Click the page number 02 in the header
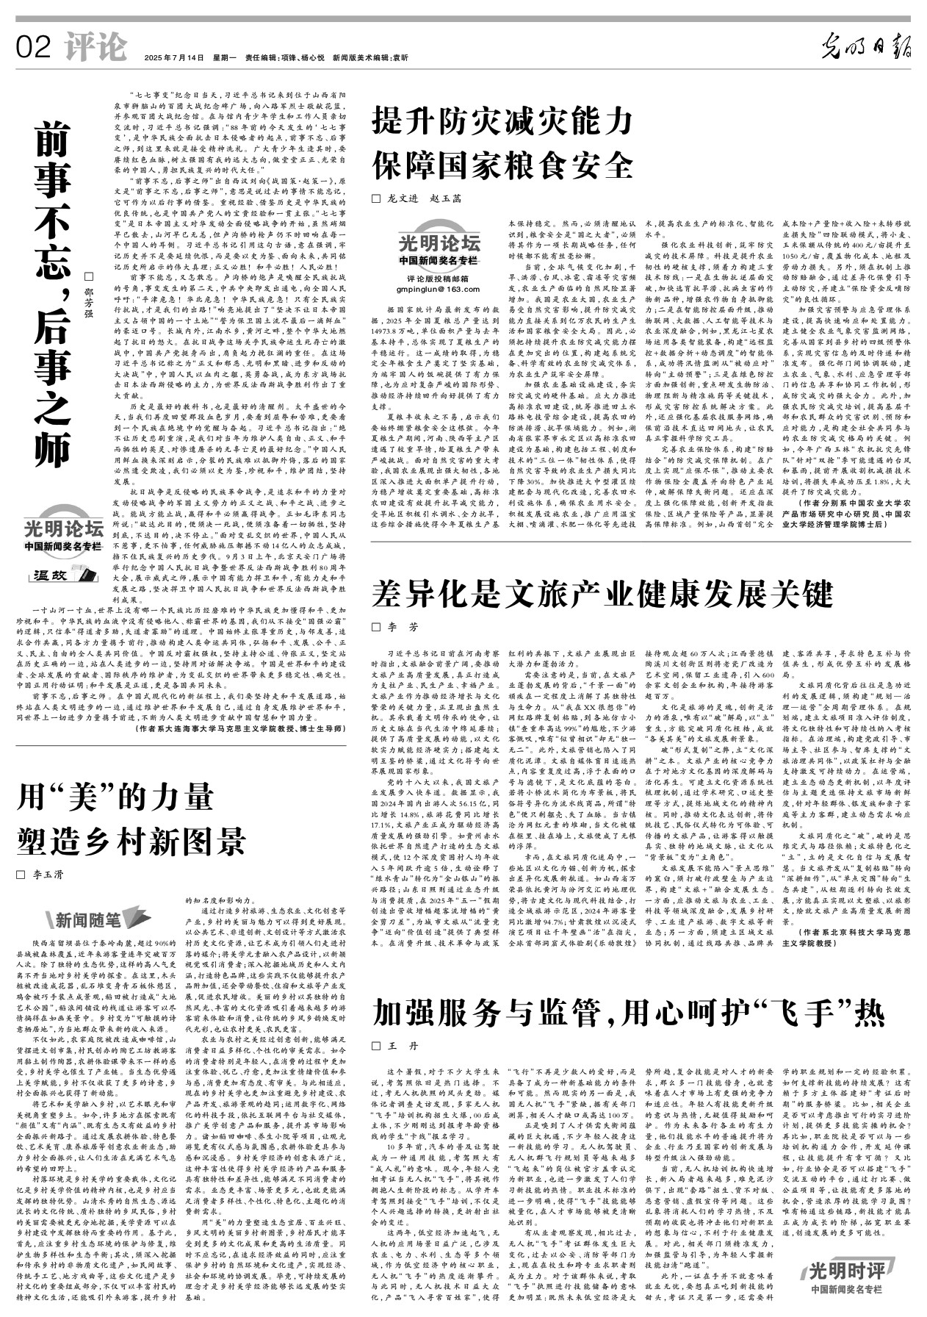point(33,48)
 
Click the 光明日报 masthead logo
point(866,48)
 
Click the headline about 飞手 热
point(629,1013)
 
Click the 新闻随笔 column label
point(88,919)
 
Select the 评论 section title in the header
point(95,48)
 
